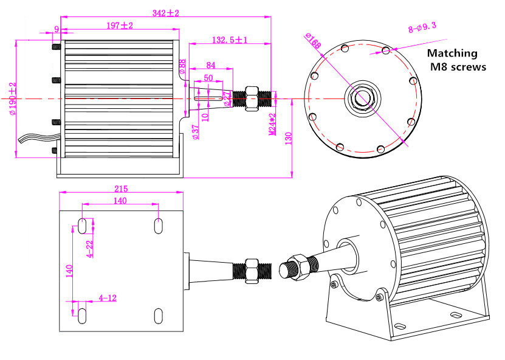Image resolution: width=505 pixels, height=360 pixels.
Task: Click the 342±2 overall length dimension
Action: (165, 13)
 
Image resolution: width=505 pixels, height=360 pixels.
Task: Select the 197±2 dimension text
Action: (119, 26)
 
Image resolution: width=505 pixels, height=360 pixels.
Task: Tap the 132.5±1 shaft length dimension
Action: (229, 40)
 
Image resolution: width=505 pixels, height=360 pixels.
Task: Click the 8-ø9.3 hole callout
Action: (422, 27)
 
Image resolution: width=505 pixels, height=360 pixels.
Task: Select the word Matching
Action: (453, 54)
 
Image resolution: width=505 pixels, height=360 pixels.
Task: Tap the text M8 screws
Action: (458, 67)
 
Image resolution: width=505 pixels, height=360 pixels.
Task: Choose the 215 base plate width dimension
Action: (121, 189)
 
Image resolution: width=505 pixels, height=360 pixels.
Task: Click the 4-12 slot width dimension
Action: (107, 298)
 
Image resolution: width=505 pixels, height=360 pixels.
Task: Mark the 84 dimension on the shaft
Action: (211, 65)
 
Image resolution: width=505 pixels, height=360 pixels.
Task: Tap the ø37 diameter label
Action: (195, 132)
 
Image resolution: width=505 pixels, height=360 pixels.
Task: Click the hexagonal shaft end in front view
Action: (363, 98)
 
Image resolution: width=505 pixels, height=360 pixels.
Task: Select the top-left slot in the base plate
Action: (82, 226)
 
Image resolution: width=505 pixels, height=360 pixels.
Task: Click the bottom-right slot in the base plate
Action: (158, 315)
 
